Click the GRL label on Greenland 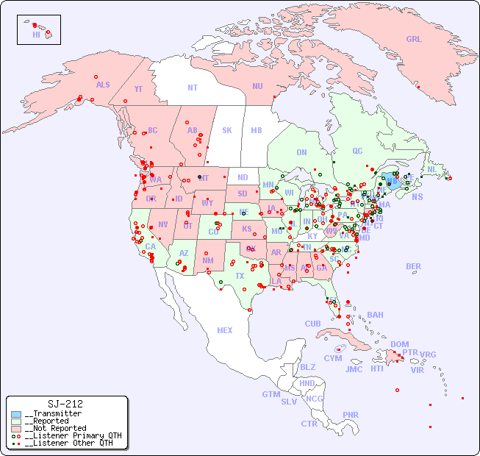(x=414, y=40)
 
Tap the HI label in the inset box (x=36, y=35)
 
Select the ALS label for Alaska (x=103, y=85)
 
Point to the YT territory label (x=138, y=88)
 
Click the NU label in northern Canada (x=257, y=86)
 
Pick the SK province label (x=227, y=130)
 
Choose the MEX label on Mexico (x=225, y=330)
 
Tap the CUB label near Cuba (x=312, y=324)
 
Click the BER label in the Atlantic (x=413, y=266)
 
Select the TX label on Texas (x=240, y=276)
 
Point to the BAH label (x=375, y=315)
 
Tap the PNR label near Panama (x=351, y=415)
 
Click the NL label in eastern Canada (x=431, y=168)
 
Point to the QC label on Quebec (x=357, y=151)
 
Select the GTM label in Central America (x=271, y=394)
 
